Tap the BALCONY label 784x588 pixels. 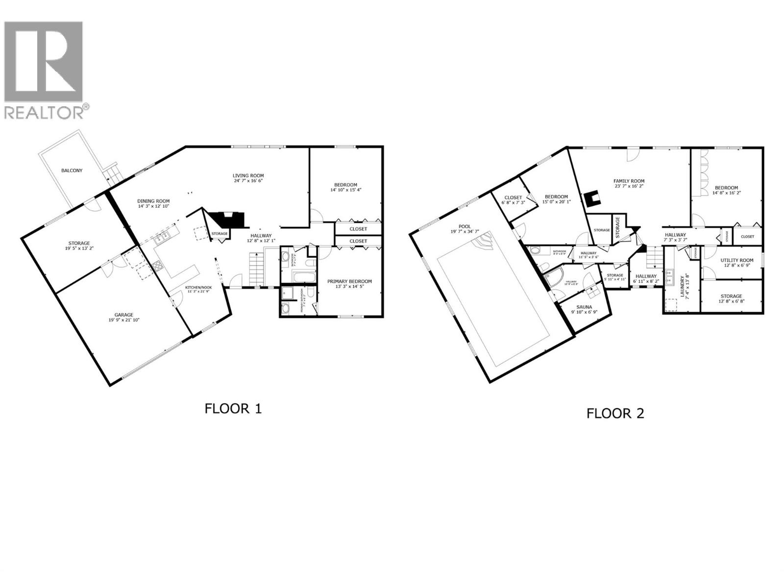72,171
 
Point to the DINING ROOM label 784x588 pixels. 153,201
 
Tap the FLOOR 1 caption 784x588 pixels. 233,409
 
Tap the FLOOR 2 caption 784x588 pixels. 615,414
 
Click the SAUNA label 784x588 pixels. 584,307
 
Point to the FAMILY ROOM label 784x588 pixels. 629,181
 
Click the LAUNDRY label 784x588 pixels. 682,285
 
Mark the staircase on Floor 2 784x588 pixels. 654,257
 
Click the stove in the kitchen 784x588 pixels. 158,266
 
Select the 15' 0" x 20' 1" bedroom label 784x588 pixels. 556,202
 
